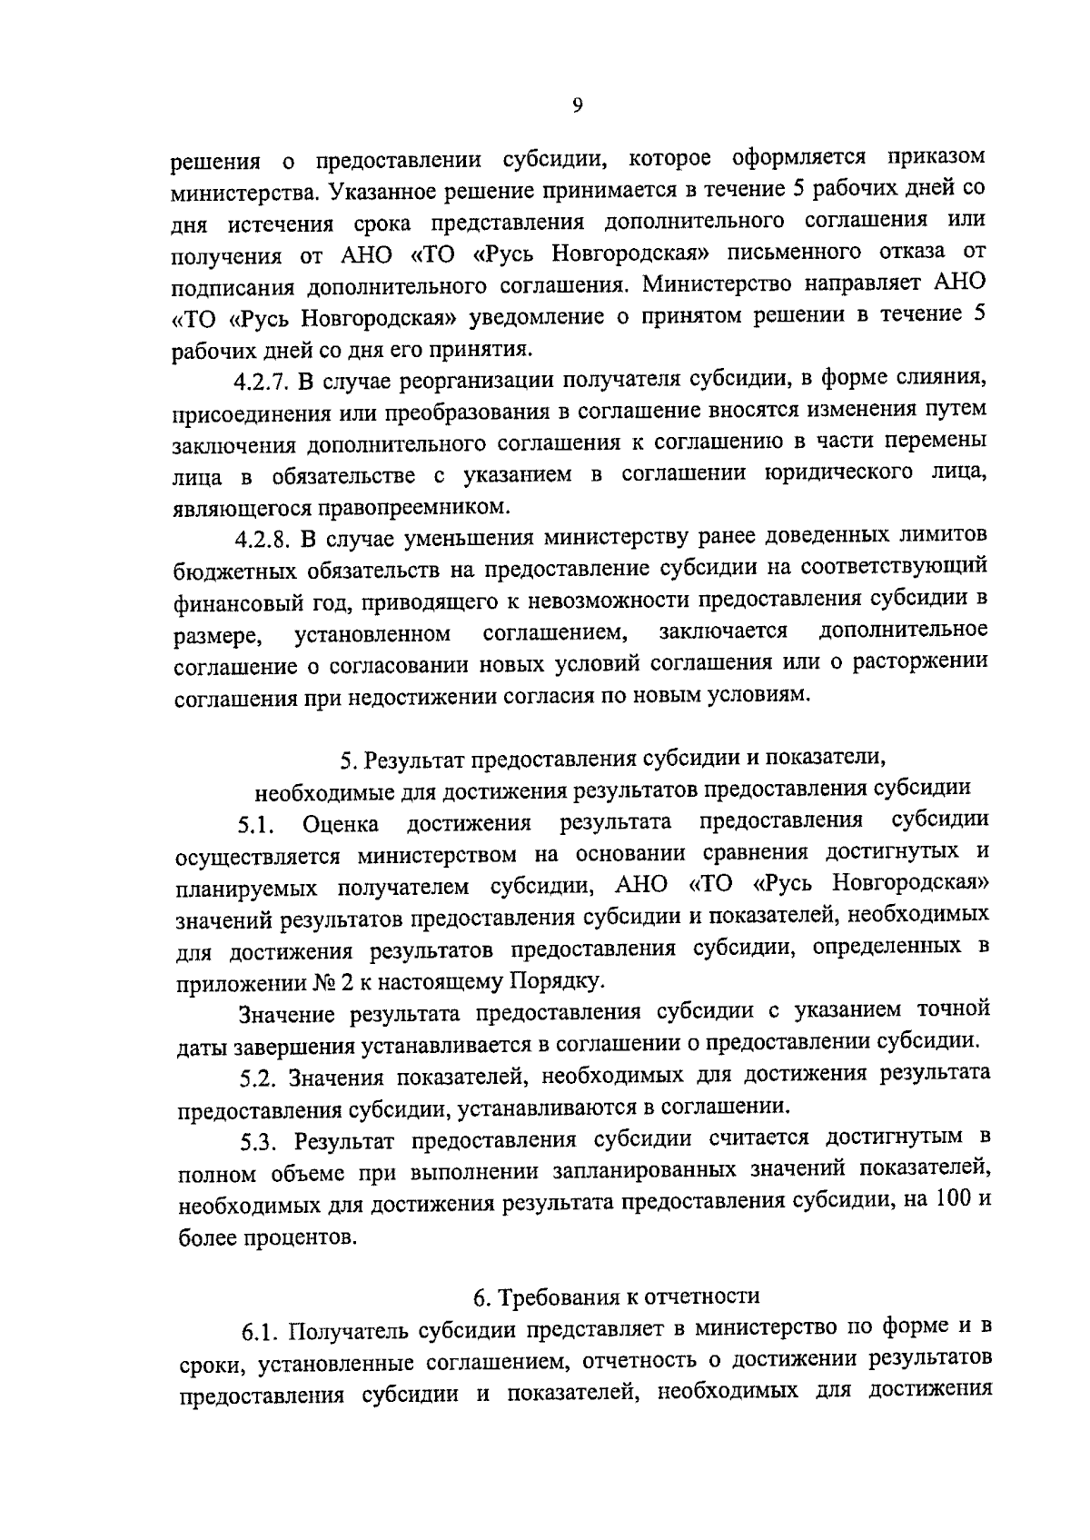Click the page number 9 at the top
click(x=578, y=105)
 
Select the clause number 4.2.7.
click(x=262, y=380)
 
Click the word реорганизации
click(x=463, y=380)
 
